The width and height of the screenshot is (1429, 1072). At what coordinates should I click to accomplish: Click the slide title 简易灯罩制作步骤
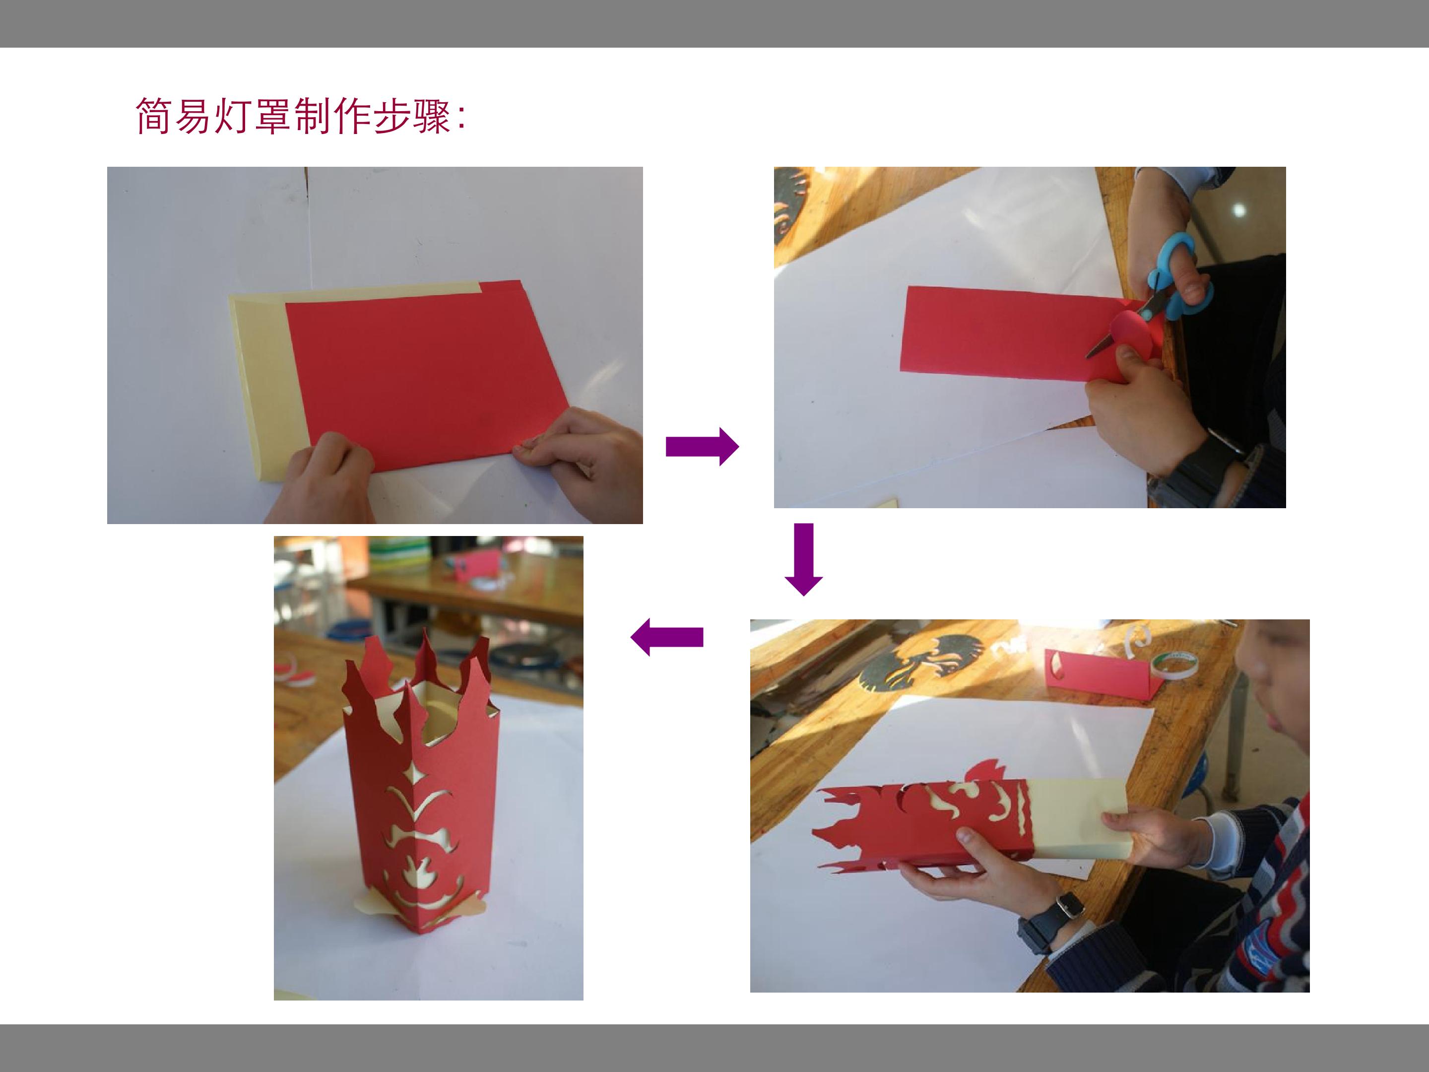(292, 116)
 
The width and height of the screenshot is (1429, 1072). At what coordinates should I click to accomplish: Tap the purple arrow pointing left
(667, 637)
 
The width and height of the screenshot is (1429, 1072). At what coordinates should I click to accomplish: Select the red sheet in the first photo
(426, 375)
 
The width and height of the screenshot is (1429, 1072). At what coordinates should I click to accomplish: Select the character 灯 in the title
(233, 116)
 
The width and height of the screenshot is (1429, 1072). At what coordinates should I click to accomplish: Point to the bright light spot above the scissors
(1239, 210)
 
